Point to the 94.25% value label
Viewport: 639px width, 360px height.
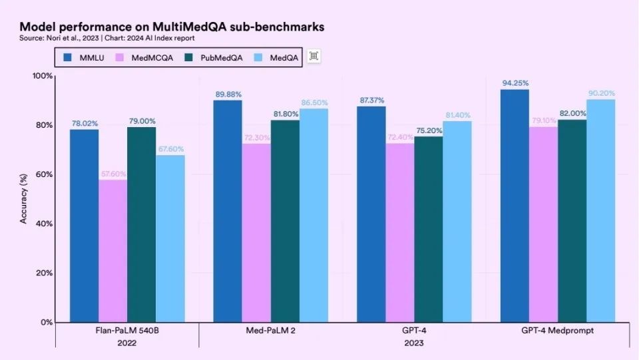coord(515,83)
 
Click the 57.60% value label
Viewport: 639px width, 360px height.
coord(112,174)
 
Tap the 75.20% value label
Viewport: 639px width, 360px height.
coord(429,130)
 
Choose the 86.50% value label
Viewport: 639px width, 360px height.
coord(314,102)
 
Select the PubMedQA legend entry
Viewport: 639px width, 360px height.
coord(217,57)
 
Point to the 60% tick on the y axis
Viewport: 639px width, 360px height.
coord(45,174)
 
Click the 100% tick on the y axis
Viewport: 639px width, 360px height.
coord(43,76)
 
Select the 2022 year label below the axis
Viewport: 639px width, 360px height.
coord(126,343)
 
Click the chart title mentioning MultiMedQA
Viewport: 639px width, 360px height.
coord(172,27)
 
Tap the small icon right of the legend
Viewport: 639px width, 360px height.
coord(314,57)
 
